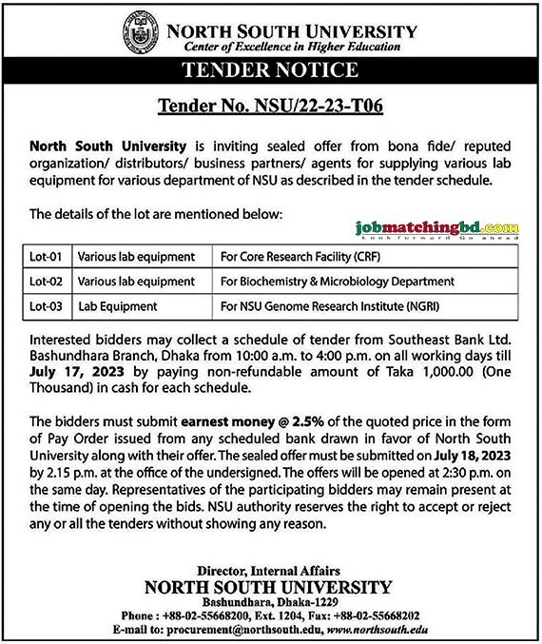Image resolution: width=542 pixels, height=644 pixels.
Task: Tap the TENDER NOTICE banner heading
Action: tap(270, 70)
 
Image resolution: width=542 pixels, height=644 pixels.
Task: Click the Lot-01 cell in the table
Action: tap(45, 257)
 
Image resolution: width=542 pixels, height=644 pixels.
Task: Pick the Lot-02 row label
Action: tap(45, 282)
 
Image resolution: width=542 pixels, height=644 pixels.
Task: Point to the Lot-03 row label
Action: tap(45, 306)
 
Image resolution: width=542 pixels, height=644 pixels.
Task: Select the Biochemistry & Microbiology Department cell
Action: tap(337, 282)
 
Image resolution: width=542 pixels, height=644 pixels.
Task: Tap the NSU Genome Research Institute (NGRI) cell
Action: tap(330, 306)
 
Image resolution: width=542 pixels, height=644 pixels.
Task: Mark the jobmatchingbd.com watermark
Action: tap(436, 229)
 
